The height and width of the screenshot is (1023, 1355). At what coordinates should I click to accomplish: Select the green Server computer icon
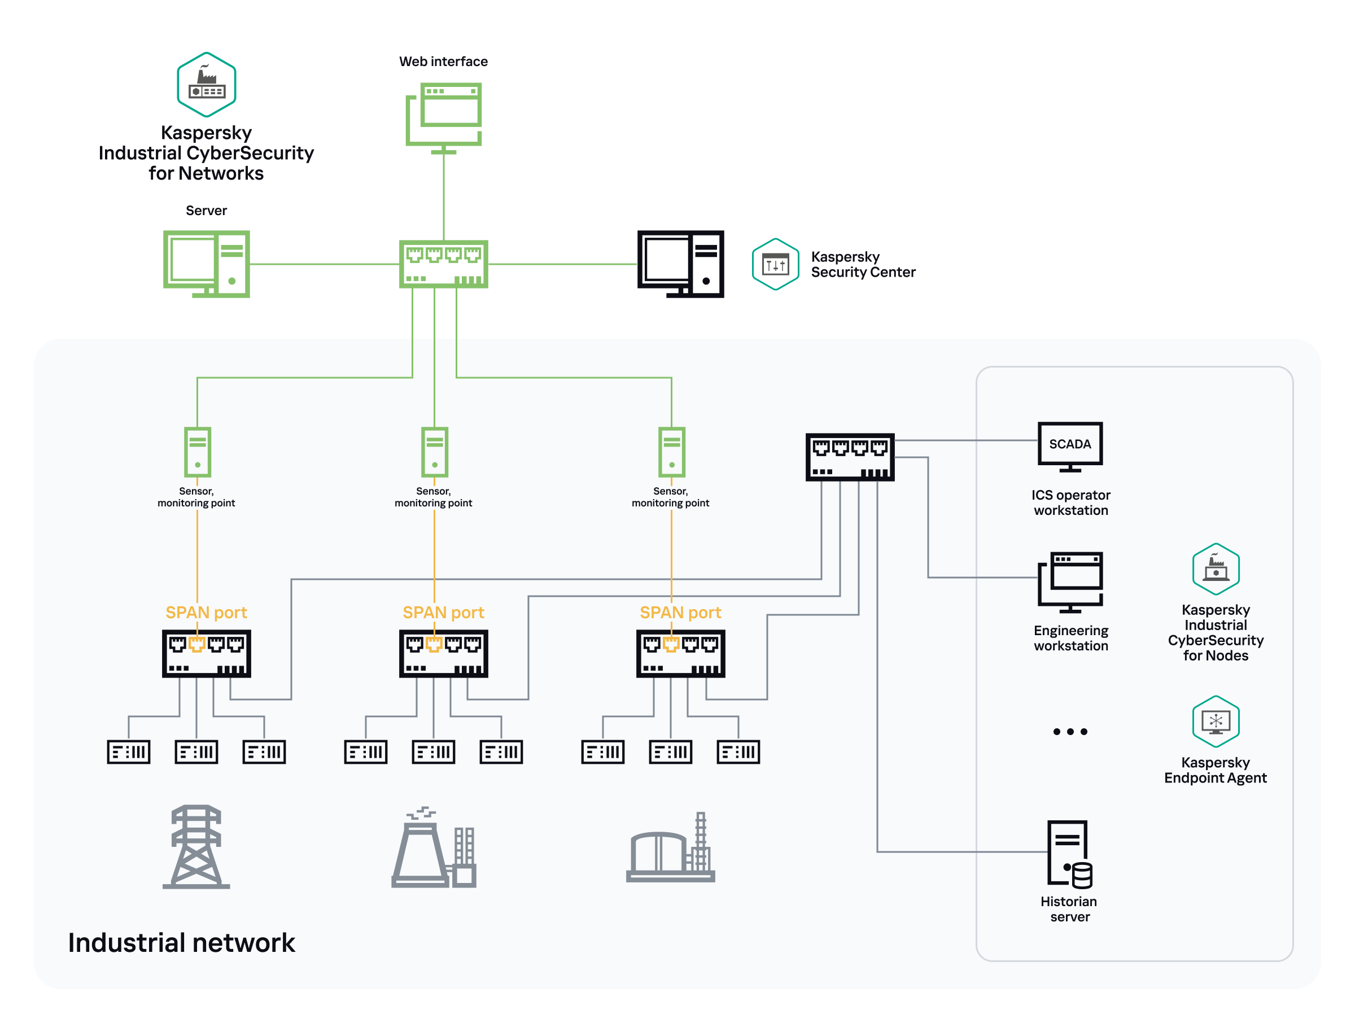pos(207,264)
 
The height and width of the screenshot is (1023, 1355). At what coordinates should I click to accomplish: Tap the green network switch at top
pos(444,264)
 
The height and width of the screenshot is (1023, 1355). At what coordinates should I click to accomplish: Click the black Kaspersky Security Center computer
pos(680,264)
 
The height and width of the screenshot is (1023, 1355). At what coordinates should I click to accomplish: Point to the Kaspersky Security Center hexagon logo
pos(775,264)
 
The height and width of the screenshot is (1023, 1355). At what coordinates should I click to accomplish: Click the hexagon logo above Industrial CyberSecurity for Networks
pos(207,85)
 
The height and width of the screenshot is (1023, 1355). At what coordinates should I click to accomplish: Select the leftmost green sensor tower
pos(197,452)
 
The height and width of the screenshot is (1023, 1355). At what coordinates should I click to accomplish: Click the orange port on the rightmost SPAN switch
pos(671,644)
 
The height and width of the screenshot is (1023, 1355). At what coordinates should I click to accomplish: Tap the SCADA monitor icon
pos(1069,446)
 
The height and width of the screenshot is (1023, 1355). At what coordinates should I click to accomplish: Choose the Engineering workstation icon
pos(1069,582)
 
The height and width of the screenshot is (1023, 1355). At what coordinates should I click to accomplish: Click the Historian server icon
pos(1069,854)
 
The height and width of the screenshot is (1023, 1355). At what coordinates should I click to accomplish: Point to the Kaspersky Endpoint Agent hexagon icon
pos(1216,721)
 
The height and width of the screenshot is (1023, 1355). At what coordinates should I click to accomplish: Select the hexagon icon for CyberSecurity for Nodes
pos(1216,569)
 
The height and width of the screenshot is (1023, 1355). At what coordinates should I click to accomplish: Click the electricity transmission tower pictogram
pos(196,847)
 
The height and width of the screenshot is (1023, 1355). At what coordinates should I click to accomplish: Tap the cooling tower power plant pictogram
pos(434,848)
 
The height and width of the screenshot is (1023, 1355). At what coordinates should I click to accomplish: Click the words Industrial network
pos(181,942)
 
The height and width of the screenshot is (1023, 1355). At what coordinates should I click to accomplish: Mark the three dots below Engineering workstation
pos(1069,732)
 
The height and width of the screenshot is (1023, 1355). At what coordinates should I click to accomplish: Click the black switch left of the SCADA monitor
pos(850,457)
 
